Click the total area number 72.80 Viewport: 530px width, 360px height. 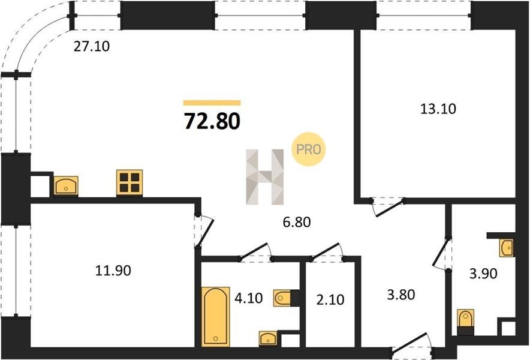(212, 121)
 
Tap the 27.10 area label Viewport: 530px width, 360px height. (92, 46)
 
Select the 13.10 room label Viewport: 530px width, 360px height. (438, 109)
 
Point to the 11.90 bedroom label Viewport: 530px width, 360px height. (113, 271)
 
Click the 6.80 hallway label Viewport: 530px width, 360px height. (297, 222)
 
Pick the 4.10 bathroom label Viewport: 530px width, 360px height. (248, 298)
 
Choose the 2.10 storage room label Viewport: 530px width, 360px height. (330, 300)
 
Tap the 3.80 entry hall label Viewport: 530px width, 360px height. (401, 295)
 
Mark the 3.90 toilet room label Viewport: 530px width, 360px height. (483, 274)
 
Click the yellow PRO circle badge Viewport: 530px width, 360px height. (309, 149)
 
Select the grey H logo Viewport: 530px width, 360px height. (264, 177)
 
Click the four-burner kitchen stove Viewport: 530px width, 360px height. (130, 183)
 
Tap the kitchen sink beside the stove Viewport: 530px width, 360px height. (66, 186)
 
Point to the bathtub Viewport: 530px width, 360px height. (216, 317)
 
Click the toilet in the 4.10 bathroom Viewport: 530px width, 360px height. (283, 298)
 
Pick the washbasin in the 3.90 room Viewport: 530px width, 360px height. (507, 248)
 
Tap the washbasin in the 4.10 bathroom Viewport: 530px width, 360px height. (268, 338)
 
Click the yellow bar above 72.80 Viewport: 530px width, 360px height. (212, 103)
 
